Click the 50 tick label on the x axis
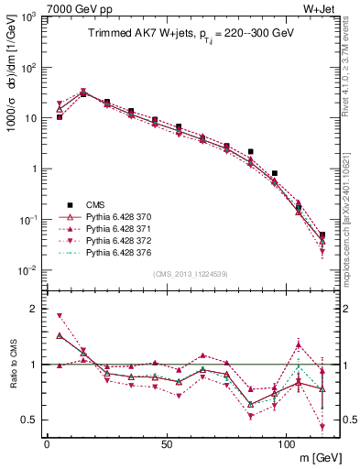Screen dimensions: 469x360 (166, 443)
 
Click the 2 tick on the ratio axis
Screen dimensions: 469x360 (35, 309)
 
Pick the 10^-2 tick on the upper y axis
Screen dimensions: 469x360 (27, 270)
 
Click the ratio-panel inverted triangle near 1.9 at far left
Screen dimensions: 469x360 (60, 315)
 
